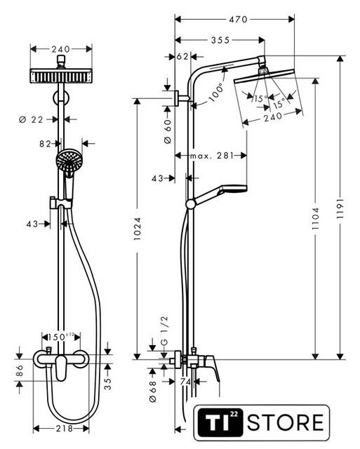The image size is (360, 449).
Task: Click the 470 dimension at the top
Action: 238,20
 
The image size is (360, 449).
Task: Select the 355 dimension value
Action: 220,40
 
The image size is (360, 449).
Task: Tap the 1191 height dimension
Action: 340,209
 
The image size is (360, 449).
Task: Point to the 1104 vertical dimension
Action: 315,218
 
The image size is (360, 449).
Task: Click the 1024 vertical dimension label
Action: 138,229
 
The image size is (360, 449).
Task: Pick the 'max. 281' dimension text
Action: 212,156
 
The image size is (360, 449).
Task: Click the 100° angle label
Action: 217,93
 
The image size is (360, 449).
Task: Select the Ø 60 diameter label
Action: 168,132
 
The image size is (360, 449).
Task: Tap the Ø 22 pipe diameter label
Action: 31,119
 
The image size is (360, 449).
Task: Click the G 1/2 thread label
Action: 165,330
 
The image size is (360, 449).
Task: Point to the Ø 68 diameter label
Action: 153,391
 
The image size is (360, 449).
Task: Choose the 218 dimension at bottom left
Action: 65,429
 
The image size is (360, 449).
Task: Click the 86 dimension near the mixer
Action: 19,370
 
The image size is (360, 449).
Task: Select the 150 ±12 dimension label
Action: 61,337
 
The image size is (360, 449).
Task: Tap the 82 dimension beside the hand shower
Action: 45,143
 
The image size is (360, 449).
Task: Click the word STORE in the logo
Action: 286,422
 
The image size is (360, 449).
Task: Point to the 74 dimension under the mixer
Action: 185,382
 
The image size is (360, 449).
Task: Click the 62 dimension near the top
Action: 182,57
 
